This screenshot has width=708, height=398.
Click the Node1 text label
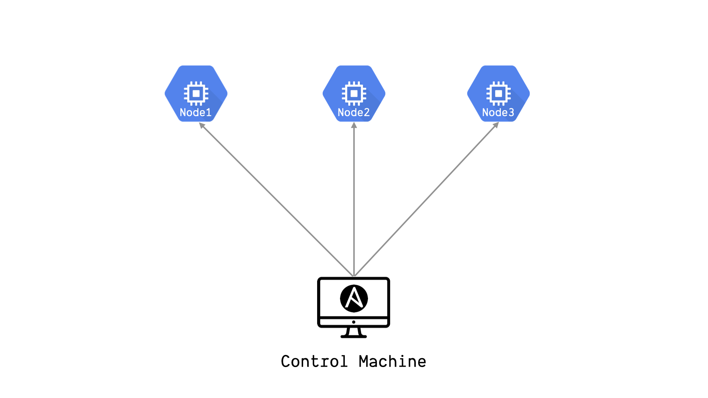click(195, 112)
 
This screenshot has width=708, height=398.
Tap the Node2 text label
click(354, 112)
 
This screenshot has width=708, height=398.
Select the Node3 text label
click(498, 112)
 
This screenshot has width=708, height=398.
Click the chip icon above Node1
click(196, 94)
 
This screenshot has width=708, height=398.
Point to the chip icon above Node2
click(354, 94)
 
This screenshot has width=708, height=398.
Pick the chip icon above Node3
click(499, 94)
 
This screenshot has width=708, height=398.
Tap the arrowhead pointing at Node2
click(354, 125)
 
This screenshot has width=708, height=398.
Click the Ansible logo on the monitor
click(354, 298)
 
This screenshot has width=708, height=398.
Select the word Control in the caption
click(314, 362)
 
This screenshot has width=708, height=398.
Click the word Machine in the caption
click(392, 362)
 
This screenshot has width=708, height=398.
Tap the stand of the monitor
click(354, 333)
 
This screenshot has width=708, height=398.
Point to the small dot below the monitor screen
click(354, 322)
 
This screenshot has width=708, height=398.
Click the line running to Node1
click(277, 200)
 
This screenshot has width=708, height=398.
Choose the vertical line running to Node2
click(354, 199)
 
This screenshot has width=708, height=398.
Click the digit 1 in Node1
click(209, 112)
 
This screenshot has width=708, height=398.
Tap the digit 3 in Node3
click(511, 112)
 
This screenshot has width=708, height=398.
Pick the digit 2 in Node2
click(367, 112)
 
